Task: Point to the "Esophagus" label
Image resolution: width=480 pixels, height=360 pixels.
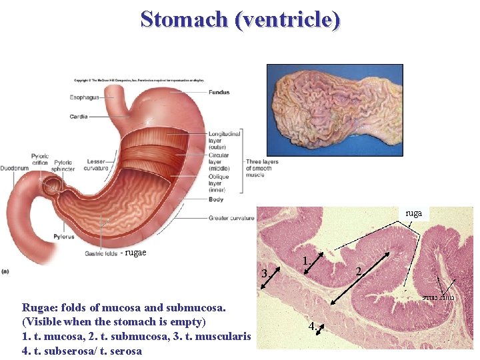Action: pos(84,97)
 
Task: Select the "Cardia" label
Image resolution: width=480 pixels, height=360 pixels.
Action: pos(78,117)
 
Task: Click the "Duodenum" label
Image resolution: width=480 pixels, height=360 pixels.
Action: pos(15,168)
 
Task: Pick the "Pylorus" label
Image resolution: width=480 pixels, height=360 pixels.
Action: pos(65,237)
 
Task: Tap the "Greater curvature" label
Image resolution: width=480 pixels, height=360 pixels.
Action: pos(231,218)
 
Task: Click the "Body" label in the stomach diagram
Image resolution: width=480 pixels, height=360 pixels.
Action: pos(215,199)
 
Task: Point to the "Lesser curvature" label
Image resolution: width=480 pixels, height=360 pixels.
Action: pos(96,165)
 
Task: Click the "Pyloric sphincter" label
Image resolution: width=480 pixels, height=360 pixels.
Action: pos(63,165)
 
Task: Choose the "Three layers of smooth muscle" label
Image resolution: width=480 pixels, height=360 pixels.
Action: pos(262,168)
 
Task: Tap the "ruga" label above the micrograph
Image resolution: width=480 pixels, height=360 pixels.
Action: pos(414,213)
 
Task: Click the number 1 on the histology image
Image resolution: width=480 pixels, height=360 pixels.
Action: pos(305,261)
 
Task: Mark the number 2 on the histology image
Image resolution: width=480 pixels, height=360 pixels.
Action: pos(359,271)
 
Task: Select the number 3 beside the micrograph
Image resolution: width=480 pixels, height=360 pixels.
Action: pos(265,274)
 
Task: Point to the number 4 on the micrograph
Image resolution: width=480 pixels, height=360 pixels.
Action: pos(312,327)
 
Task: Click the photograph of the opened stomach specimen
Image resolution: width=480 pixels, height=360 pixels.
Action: pos(335,110)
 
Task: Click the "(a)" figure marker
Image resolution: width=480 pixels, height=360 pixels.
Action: pos(5,271)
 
